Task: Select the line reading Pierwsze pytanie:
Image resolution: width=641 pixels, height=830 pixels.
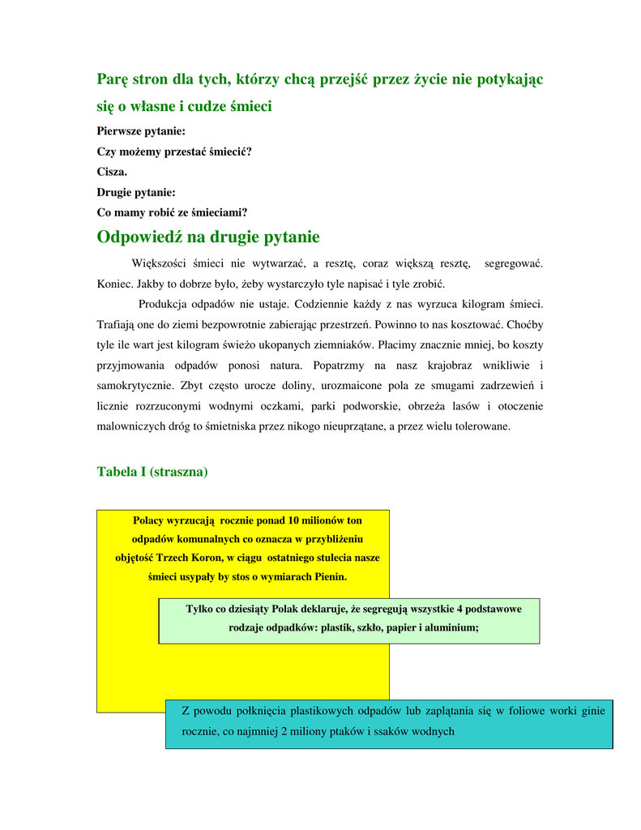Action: (x=141, y=130)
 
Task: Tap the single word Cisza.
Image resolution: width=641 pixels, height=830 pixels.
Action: (x=112, y=172)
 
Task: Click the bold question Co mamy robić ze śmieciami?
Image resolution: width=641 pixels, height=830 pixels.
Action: (x=172, y=212)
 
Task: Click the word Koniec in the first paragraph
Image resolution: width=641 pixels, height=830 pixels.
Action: (x=114, y=284)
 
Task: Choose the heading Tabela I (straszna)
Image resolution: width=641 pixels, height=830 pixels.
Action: (x=152, y=471)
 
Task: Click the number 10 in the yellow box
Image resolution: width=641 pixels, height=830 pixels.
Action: (x=294, y=520)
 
